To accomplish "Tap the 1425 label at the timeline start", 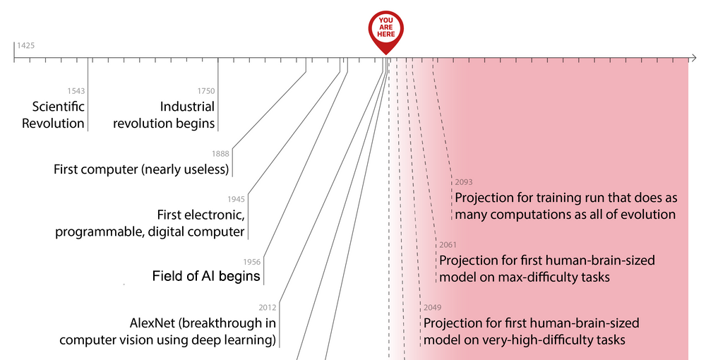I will point(26,45).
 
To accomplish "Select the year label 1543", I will point(76,91).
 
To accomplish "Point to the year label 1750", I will point(206,91).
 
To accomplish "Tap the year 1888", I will point(221,154).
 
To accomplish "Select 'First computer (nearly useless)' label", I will point(141,169).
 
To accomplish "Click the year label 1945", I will point(236,199).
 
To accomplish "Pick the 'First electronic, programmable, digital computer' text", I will point(150,223).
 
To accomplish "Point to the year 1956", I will point(252,262).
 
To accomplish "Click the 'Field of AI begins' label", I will point(206,276).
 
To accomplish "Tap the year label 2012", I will point(268,307).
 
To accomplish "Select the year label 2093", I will point(464,182).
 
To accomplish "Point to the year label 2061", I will point(448,246).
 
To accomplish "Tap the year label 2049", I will point(432,308).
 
